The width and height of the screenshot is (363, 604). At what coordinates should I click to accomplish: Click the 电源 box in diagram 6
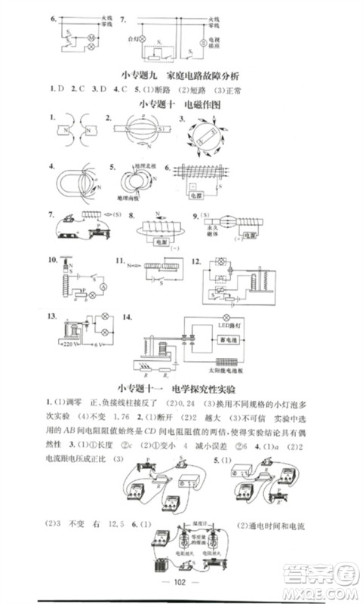click(x=197, y=194)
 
